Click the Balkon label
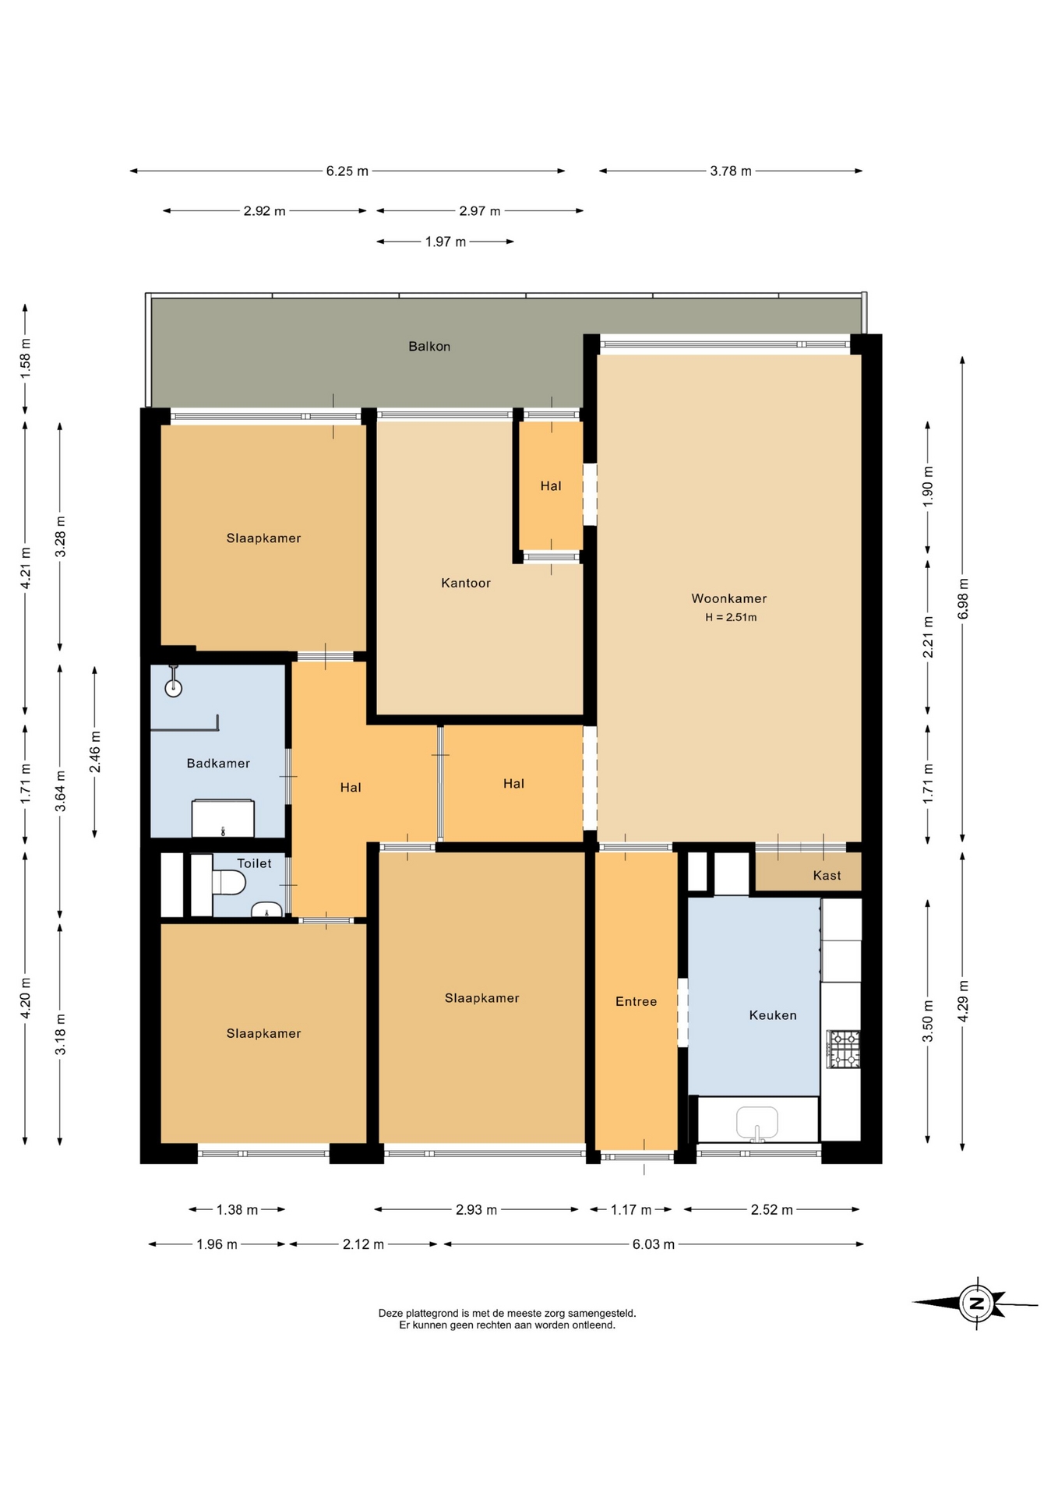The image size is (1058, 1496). coord(429,347)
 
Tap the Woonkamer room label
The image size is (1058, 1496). coord(729,598)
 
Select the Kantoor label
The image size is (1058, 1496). coord(466,583)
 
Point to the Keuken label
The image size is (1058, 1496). coord(773,1015)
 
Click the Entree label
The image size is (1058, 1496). coord(637,1002)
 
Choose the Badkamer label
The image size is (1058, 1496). coord(218,764)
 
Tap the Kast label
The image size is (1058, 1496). coord(827,876)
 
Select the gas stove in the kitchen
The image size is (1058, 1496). coord(843,1049)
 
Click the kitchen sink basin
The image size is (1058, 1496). coord(756,1123)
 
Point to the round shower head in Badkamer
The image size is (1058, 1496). coord(173,688)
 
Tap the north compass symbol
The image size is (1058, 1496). coord(975,1303)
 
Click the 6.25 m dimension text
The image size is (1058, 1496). coord(347,171)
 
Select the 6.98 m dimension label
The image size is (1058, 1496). coord(963,598)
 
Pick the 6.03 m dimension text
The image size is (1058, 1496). coord(653,1244)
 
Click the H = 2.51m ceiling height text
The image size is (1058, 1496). coord(731,618)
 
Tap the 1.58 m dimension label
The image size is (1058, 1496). coord(25,358)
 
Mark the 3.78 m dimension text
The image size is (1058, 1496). coord(731,171)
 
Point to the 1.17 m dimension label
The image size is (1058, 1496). coord(631,1210)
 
